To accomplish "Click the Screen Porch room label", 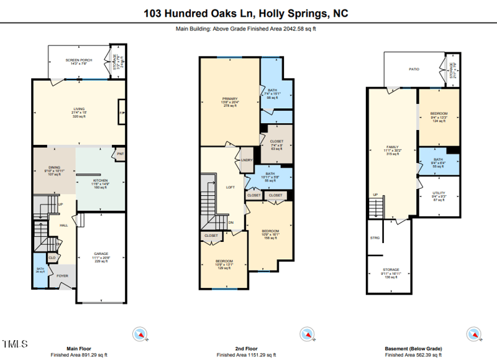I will tap(79, 60).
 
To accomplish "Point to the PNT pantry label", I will tap(119, 154).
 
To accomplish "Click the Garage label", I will tap(101, 253).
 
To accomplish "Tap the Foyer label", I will tap(63, 275).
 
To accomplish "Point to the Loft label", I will tap(230, 187).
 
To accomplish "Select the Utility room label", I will tap(439, 195).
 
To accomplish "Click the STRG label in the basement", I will tap(375, 238).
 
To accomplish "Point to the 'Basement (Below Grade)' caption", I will tap(413, 349).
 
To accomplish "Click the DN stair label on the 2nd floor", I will tap(230, 222).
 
